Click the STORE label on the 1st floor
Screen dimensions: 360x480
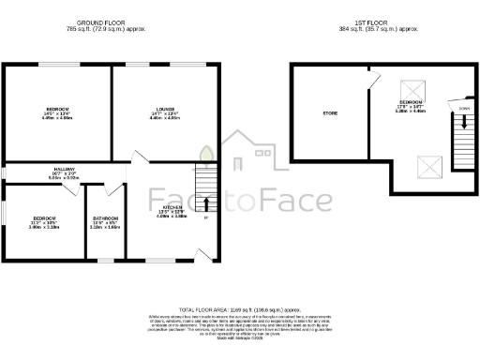pyautogui.click(x=330, y=112)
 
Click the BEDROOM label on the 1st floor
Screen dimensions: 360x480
pyautogui.click(x=413, y=100)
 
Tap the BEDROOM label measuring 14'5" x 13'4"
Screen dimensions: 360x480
pyautogui.click(x=58, y=110)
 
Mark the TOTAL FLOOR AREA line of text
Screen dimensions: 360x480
pyautogui.click(x=239, y=308)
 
